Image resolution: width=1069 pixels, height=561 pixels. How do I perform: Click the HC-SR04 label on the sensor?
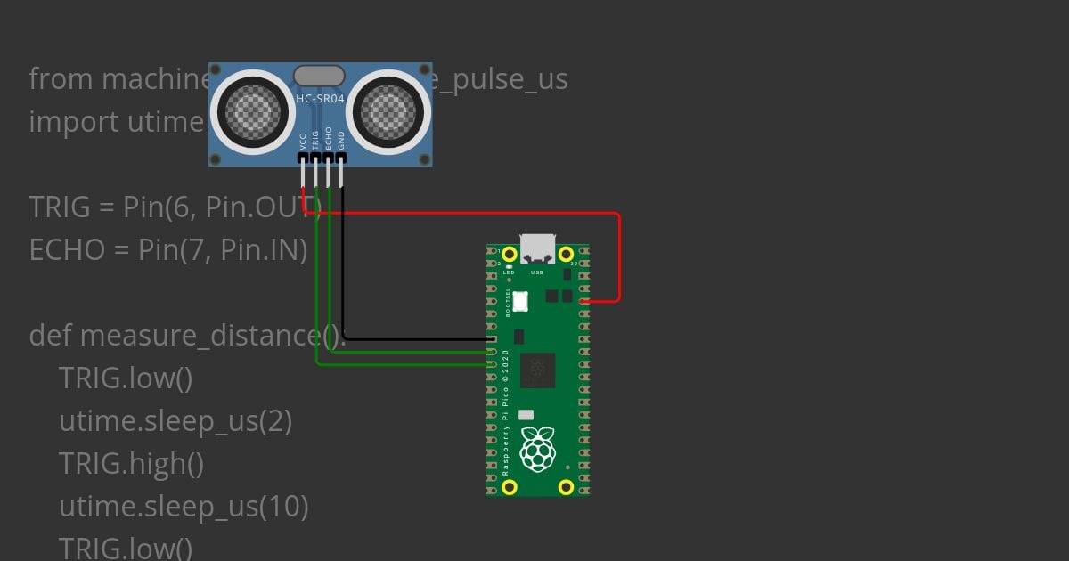(x=320, y=99)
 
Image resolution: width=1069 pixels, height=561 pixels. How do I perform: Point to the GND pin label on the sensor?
(x=341, y=140)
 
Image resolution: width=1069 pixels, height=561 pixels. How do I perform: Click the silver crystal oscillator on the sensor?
(x=319, y=77)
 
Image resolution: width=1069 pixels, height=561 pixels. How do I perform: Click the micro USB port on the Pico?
(x=537, y=248)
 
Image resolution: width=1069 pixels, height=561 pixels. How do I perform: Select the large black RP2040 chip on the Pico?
(x=537, y=370)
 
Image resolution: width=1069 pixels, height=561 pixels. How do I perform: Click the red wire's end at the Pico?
(x=584, y=301)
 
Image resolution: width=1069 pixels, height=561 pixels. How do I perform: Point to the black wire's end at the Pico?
(x=492, y=339)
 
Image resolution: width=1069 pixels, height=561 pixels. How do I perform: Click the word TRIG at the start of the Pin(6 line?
(x=60, y=207)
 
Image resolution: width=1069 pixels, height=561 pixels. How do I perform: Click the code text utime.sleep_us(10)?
(x=184, y=507)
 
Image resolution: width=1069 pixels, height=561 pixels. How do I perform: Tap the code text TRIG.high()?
(x=131, y=464)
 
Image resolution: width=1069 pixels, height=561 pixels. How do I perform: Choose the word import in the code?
(x=72, y=122)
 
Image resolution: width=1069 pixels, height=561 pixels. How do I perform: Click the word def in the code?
(x=51, y=336)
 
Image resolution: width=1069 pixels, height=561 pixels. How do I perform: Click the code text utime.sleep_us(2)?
(x=175, y=421)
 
